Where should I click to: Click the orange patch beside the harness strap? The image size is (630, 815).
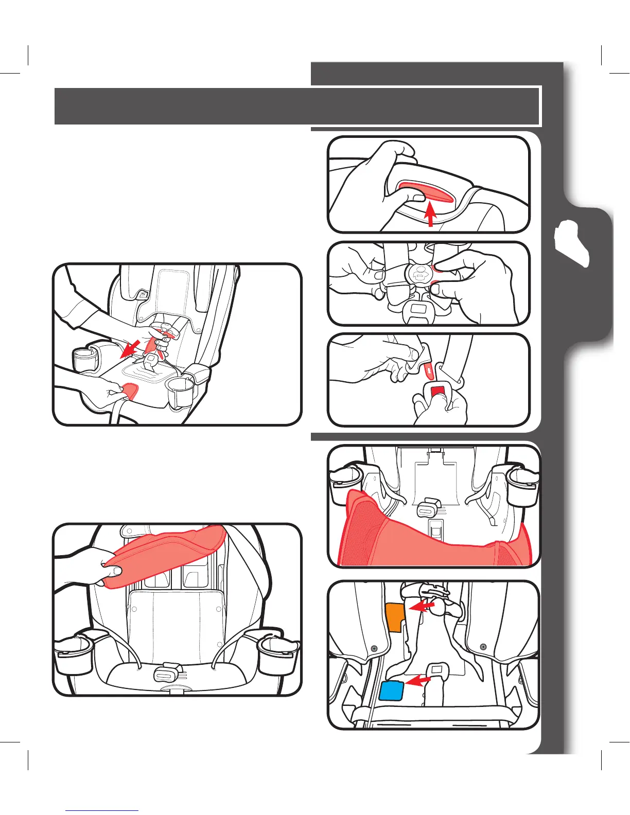pos(394,616)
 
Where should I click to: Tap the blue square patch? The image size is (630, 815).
pos(391,690)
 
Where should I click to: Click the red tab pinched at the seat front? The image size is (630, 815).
pos(130,392)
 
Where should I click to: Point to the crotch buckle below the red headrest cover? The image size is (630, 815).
pos(166,671)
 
